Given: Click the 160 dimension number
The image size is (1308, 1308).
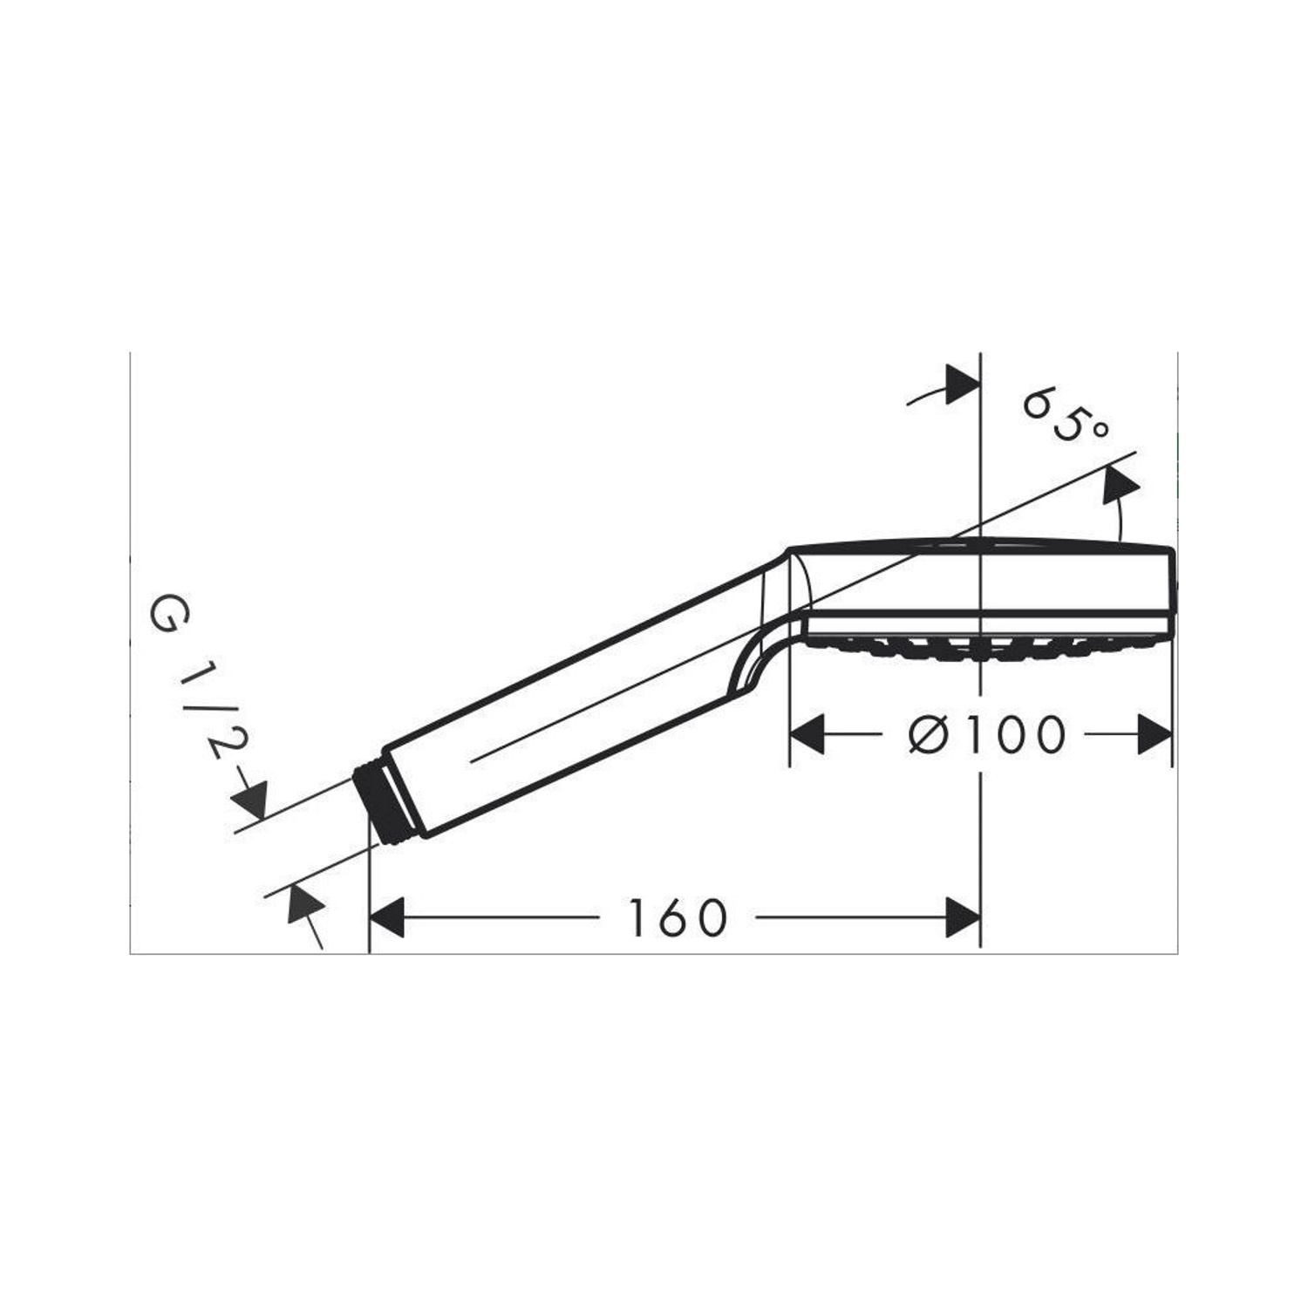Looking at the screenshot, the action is tap(677, 918).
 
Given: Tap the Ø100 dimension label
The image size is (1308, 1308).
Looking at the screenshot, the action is tap(986, 734).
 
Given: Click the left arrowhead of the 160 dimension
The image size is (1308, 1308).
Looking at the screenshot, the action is tap(387, 918).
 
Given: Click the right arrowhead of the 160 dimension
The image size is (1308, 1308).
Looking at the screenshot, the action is tap(964, 918).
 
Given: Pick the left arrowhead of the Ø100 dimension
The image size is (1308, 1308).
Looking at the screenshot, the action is tap(807, 734).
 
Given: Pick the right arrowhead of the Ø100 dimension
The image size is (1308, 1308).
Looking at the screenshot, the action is tap(1155, 734).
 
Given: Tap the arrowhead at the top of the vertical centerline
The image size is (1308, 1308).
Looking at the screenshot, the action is tap(964, 385).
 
